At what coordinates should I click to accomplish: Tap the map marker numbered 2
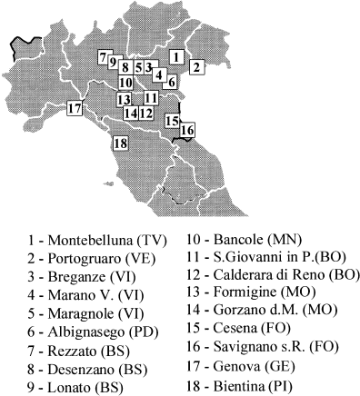click(x=196, y=66)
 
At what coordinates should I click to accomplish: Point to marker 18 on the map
click(x=118, y=143)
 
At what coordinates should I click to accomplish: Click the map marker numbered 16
click(x=187, y=130)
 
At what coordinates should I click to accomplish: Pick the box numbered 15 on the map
click(x=173, y=120)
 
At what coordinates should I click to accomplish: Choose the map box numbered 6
click(x=173, y=81)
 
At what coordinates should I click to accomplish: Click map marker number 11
click(x=151, y=98)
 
